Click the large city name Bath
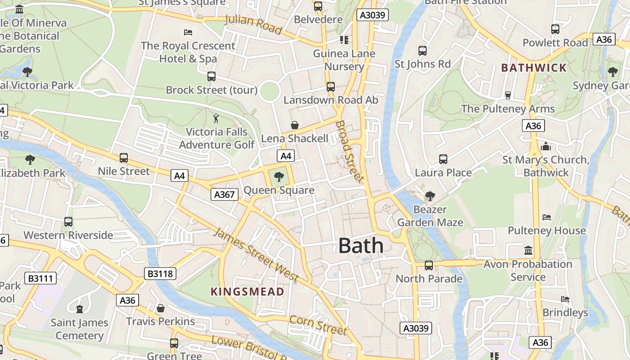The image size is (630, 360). (x=361, y=246)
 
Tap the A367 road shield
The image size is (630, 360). (x=224, y=194)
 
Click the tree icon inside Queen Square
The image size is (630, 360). (x=279, y=176)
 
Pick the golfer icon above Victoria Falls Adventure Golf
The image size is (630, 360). (x=216, y=118)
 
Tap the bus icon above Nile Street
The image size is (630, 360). (x=124, y=158)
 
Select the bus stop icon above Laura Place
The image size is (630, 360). (x=443, y=159)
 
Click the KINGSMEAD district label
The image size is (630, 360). (x=247, y=292)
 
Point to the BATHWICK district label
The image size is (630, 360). (x=534, y=68)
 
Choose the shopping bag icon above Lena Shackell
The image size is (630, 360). (x=295, y=125)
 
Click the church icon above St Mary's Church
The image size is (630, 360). (x=546, y=146)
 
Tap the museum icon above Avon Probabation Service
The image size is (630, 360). (x=528, y=250)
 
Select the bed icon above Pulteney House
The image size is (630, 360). (x=547, y=217)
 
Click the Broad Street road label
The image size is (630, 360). (x=350, y=151)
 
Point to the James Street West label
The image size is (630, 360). (x=255, y=255)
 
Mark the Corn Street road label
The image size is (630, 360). (x=318, y=325)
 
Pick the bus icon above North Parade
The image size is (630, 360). (x=429, y=265)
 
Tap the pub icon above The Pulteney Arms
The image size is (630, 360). (x=508, y=95)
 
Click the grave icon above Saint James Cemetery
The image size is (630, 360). (x=80, y=309)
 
